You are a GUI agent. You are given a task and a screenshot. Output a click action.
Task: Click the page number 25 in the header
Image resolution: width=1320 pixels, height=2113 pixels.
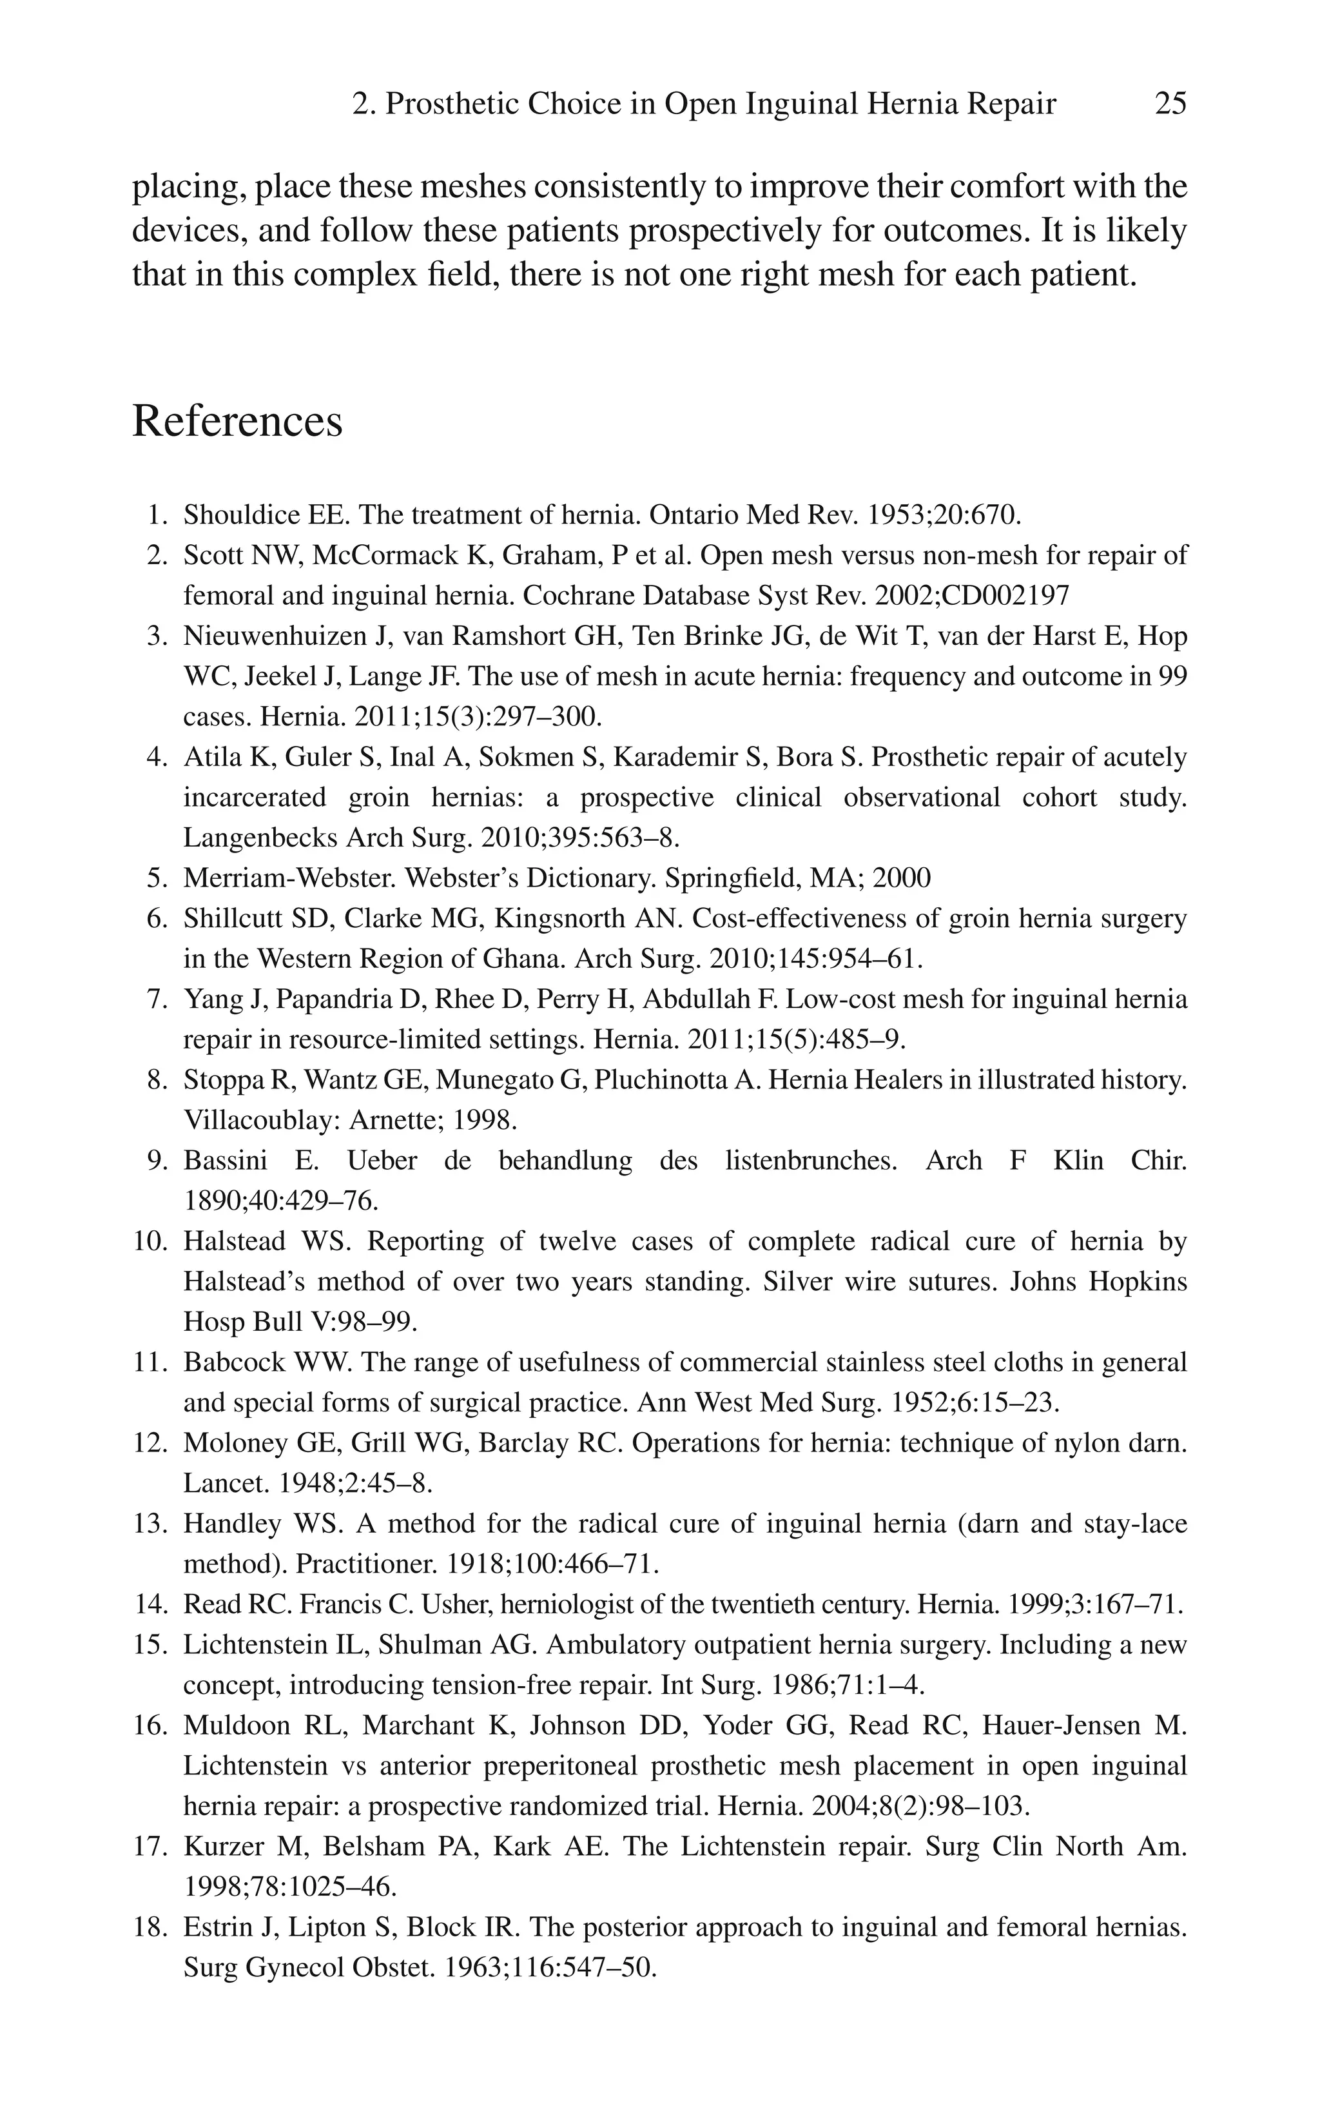1170,104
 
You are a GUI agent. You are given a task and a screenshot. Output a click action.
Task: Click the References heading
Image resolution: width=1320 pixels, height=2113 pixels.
237,421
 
